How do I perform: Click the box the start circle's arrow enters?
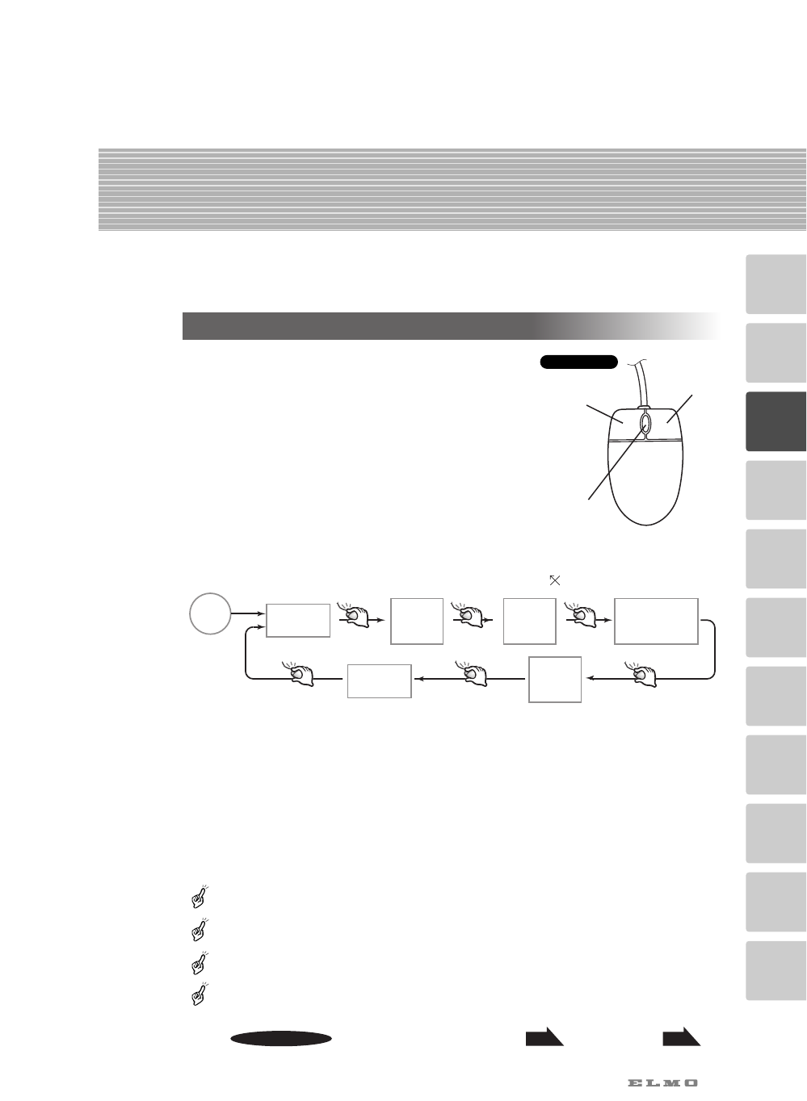pyautogui.click(x=298, y=620)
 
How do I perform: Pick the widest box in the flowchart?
pyautogui.click(x=656, y=621)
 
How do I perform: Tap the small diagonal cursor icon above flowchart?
pyautogui.click(x=554, y=580)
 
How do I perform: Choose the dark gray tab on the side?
pyautogui.click(x=775, y=421)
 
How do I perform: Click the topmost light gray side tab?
pyautogui.click(x=775, y=284)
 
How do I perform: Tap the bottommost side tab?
pyautogui.click(x=775, y=971)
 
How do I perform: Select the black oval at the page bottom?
pyautogui.click(x=280, y=1039)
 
